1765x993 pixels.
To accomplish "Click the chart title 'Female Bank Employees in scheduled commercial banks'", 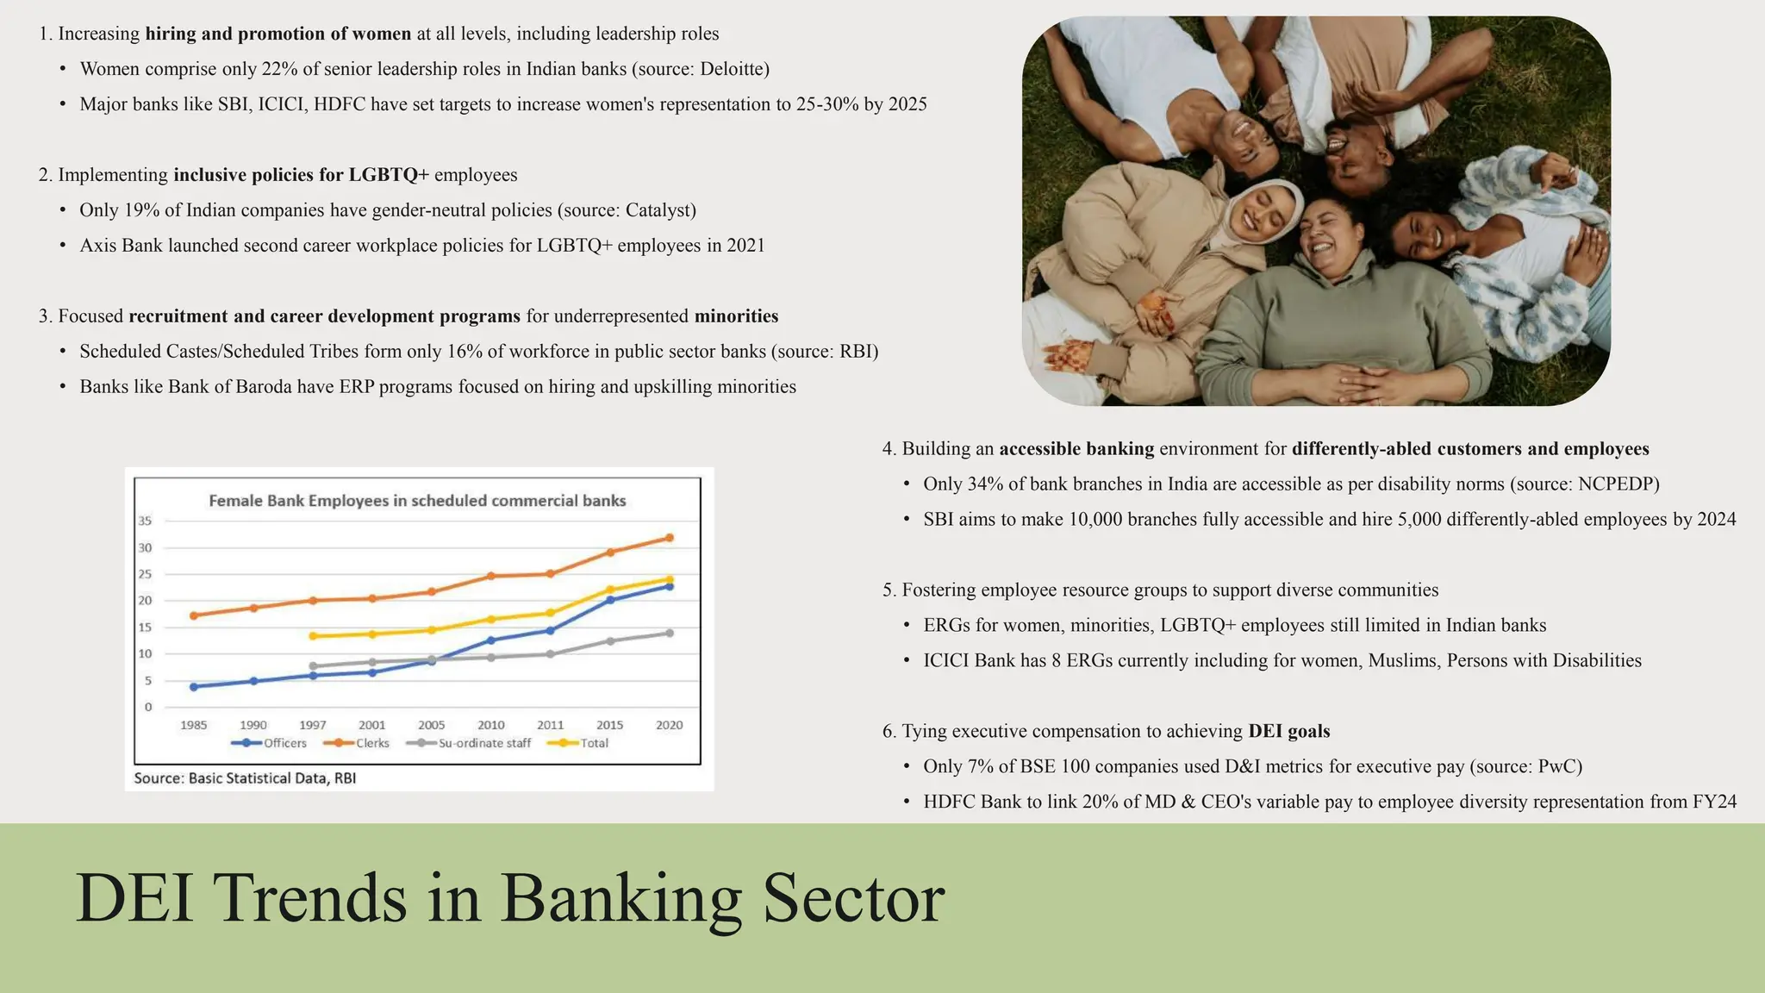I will click(x=417, y=501).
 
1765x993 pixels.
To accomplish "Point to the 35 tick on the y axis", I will click(x=145, y=521).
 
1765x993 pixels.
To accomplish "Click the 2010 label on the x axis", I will click(x=491, y=725).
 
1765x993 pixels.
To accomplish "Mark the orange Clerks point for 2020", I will click(x=670, y=538).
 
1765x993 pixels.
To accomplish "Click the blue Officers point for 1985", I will click(x=194, y=687).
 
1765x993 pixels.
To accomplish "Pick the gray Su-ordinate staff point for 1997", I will click(x=313, y=666).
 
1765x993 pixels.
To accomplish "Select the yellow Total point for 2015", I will click(x=610, y=590).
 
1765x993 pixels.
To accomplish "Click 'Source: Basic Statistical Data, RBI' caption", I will click(x=245, y=778).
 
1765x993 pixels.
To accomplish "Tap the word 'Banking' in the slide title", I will click(x=621, y=898).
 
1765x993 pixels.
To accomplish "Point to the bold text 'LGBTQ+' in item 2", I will click(x=389, y=175).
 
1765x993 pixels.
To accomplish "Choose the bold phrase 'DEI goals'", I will click(x=1288, y=732).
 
